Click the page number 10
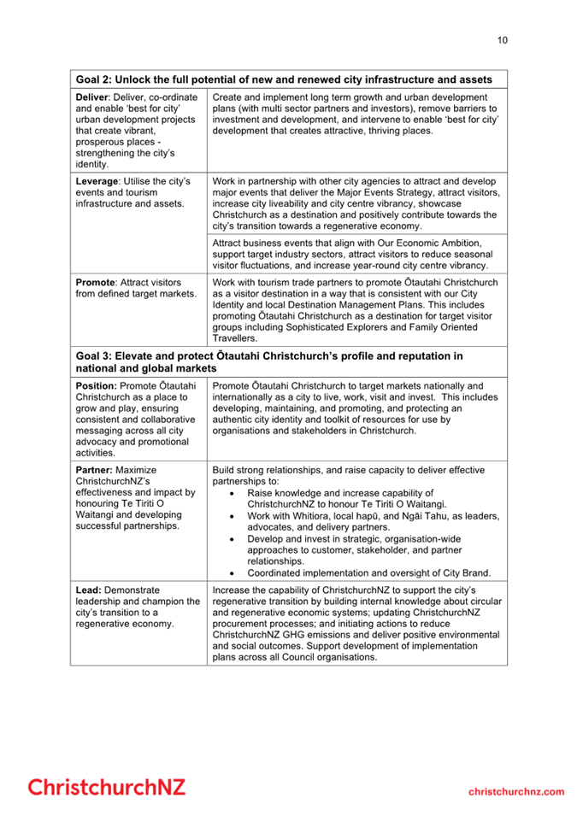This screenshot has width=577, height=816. point(502,39)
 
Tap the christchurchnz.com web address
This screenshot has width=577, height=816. point(516,791)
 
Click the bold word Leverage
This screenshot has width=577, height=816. point(98,182)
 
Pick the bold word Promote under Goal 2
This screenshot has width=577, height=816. point(96,282)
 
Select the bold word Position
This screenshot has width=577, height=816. point(96,386)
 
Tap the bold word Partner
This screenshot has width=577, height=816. point(94,470)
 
